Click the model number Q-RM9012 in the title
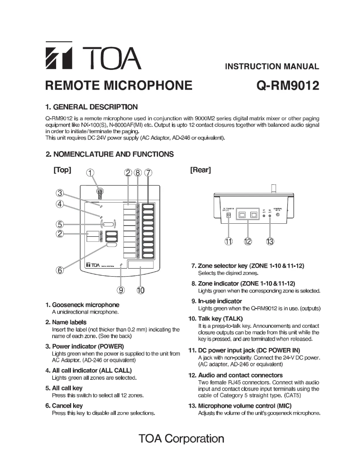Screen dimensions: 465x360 coord(288,85)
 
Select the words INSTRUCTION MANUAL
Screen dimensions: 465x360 coord(272,67)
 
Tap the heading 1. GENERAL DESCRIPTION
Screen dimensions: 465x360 coord(92,107)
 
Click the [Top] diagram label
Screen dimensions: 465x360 coord(62,170)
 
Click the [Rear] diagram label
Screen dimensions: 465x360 coord(201,170)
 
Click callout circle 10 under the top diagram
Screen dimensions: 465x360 coord(140,290)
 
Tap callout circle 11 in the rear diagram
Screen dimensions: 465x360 coord(228,242)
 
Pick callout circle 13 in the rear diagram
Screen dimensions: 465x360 coord(270,242)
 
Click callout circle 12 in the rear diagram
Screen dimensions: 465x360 coord(248,242)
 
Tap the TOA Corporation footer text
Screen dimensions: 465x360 coord(181,438)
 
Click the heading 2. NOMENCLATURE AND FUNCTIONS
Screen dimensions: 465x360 coord(110,154)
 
